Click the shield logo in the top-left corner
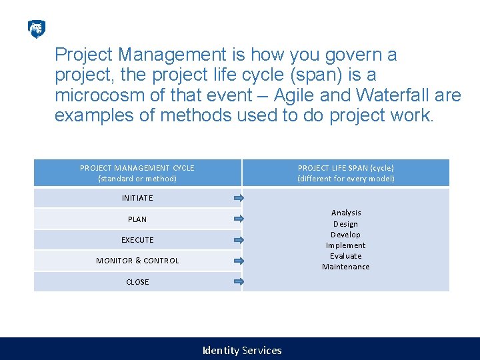(37, 29)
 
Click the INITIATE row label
(137, 198)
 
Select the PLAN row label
(137, 219)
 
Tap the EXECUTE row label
(137, 240)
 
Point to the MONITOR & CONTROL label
(137, 261)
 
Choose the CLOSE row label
(137, 282)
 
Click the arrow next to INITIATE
(239, 198)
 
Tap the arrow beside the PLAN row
(239, 219)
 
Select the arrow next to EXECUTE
(239, 240)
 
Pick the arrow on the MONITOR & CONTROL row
(239, 261)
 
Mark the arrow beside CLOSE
(239, 282)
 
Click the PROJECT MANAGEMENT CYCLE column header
(137, 173)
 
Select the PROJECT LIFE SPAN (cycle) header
(345, 173)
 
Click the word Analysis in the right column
(346, 213)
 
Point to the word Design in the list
(345, 224)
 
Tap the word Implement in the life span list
(345, 245)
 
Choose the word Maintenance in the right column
(345, 267)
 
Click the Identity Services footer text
(242, 350)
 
